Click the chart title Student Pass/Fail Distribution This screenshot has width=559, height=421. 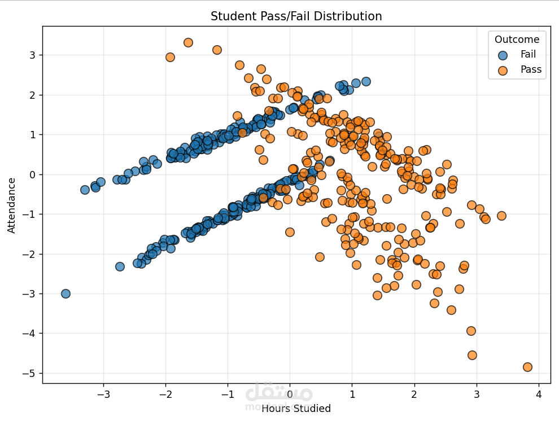pos(296,16)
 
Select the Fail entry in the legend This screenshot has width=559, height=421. pos(528,55)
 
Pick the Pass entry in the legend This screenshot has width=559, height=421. pos(531,70)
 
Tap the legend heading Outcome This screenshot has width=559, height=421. pos(517,40)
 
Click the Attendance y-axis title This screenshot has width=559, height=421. pos(11,205)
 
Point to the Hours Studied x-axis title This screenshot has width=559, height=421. pos(296,408)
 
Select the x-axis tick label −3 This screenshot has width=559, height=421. pos(103,393)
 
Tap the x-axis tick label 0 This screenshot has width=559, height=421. pos(290,393)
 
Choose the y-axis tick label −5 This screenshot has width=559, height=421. pos(28,373)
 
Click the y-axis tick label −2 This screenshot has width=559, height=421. pos(28,254)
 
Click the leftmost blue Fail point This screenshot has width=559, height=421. pos(65,293)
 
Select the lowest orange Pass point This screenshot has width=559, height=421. pos(527,367)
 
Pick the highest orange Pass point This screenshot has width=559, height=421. pos(188,42)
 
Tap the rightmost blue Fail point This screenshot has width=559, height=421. pos(366,81)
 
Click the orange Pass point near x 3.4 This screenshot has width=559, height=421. pos(501,216)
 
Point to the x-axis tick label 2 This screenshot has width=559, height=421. pos(414,393)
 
